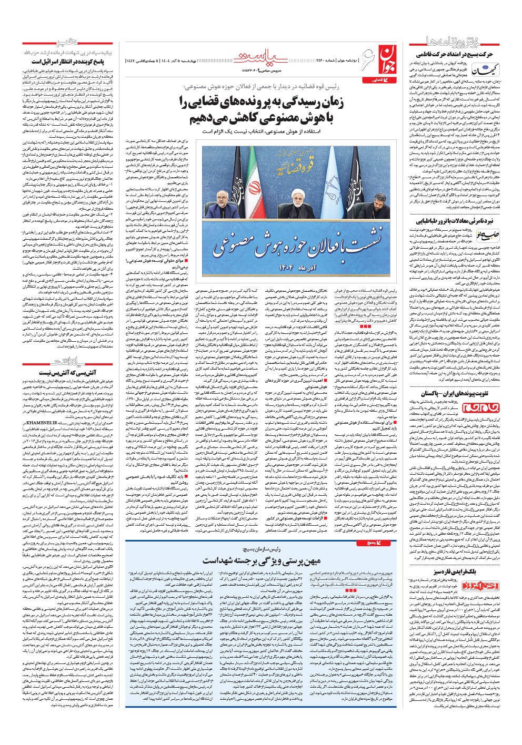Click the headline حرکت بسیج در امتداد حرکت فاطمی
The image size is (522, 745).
[457, 54]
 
